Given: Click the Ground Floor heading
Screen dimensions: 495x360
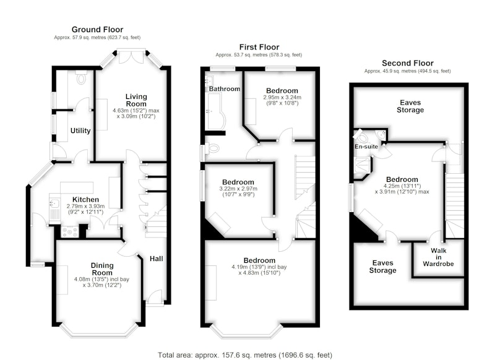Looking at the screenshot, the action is pos(97,30).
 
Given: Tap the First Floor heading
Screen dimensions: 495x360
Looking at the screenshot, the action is pos(259,48).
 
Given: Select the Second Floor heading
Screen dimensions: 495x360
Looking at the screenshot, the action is pos(408,63).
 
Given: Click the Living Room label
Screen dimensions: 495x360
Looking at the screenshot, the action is pos(136,100).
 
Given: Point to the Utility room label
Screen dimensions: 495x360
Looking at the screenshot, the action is pos(80,131).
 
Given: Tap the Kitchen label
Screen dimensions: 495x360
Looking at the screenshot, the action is pos(85,200).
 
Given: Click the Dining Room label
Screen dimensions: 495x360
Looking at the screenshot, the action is pos(102,269).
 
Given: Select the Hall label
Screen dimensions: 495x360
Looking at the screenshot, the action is pos(157,259).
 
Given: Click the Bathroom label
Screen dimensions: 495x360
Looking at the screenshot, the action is pos(225,89).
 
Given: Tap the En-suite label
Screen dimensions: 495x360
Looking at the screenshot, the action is pos(366,147).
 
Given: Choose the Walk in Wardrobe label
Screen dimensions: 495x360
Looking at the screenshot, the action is pos(439,257).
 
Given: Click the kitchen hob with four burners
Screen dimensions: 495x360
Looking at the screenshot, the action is pos(70,232).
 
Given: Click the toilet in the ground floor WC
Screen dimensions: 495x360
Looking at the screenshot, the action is pos(81,77).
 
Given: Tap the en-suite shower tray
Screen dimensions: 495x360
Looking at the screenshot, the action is pos(362,165).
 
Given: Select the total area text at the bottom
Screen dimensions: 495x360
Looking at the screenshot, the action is pos(245,355).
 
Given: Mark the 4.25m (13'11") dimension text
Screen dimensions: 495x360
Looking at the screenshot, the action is pos(402,186).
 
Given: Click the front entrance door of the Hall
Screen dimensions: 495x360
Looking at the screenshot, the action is pos(155,298).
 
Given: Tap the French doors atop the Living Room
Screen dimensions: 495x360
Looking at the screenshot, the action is pos(131,56).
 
